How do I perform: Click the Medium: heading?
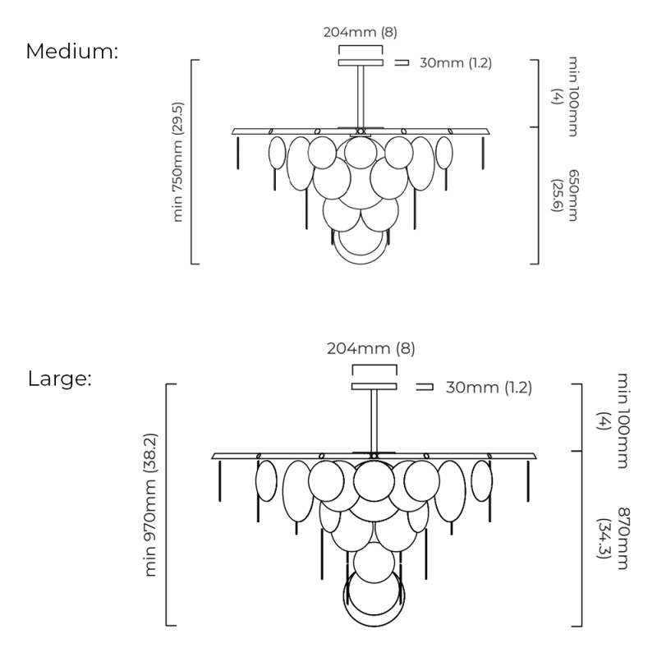tap(72, 51)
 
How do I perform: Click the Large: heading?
tap(59, 379)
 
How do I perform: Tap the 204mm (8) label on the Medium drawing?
tap(361, 32)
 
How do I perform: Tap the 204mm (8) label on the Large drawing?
tap(371, 347)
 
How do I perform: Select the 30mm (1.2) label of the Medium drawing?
tap(455, 63)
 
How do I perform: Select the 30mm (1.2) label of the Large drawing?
tap(489, 388)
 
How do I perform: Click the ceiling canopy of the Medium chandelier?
tap(361, 62)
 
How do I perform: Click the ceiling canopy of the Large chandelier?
tap(374, 386)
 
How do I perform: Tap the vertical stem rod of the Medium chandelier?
tap(361, 96)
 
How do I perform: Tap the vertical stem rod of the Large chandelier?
tap(374, 420)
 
